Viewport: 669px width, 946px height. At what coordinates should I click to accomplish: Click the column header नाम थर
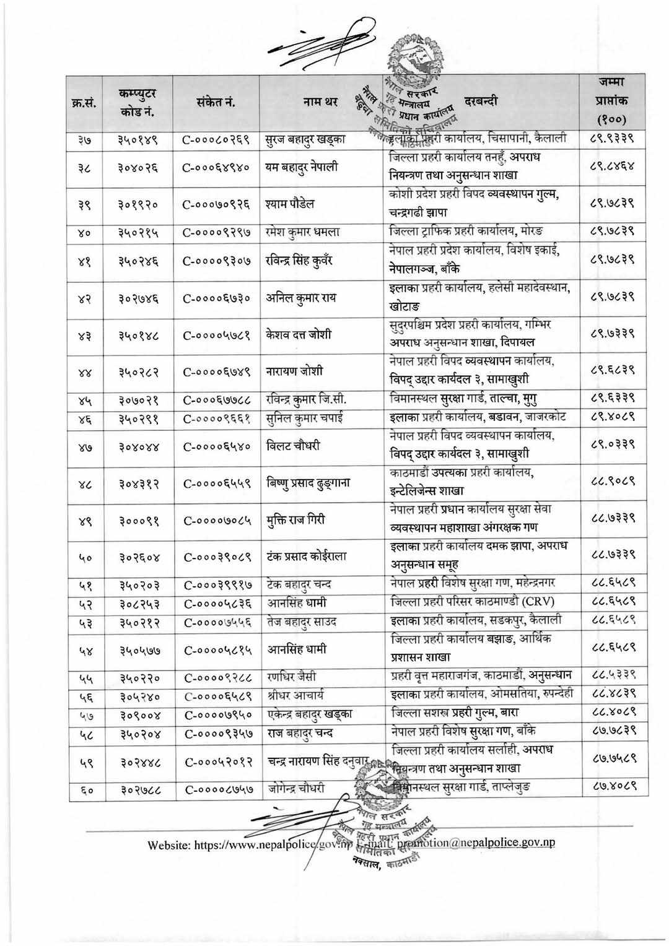click(320, 102)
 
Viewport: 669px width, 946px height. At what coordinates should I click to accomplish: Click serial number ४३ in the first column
click(84, 335)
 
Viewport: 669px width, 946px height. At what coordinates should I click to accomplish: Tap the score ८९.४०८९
click(611, 417)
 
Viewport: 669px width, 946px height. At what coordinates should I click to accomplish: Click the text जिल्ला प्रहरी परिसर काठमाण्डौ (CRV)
click(473, 601)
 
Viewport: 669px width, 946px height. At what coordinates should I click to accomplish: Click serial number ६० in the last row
click(84, 788)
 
